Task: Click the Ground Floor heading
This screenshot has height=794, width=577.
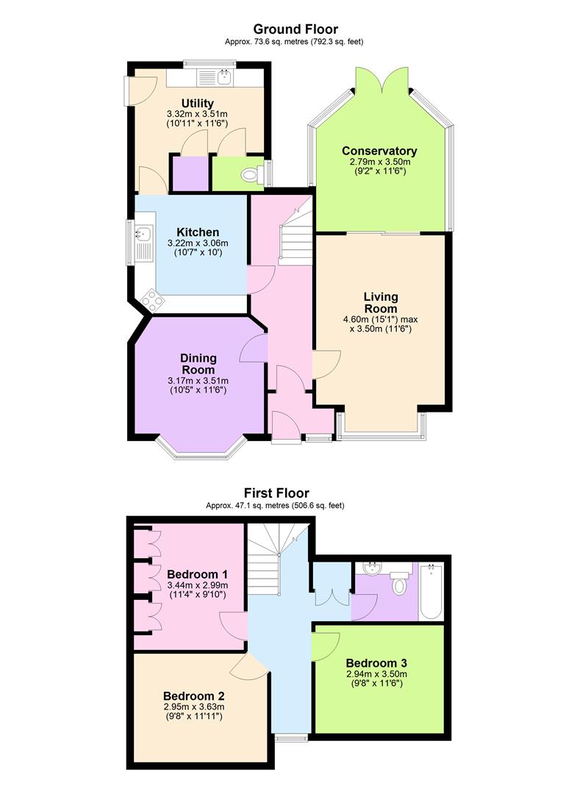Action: pyautogui.click(x=295, y=29)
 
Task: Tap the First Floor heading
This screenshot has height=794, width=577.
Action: pyautogui.click(x=276, y=493)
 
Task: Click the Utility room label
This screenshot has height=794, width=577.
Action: pyautogui.click(x=198, y=104)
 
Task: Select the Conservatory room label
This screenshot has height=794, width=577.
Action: pyautogui.click(x=379, y=151)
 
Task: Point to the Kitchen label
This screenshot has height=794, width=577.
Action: pyautogui.click(x=198, y=232)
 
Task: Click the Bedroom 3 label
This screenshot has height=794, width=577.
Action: pyautogui.click(x=376, y=663)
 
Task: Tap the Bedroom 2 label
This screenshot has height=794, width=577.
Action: pyautogui.click(x=194, y=696)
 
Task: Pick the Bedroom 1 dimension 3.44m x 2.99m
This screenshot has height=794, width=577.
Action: pyautogui.click(x=197, y=585)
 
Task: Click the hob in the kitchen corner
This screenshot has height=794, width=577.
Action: pyautogui.click(x=153, y=301)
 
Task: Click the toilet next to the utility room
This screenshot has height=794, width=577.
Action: pyautogui.click(x=252, y=175)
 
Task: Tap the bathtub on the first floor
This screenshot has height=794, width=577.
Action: pyautogui.click(x=431, y=591)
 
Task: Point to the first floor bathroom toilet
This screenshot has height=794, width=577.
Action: pyautogui.click(x=399, y=582)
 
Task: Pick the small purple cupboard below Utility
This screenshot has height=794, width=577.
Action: pyautogui.click(x=191, y=174)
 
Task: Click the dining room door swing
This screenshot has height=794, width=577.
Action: pyautogui.click(x=253, y=348)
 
